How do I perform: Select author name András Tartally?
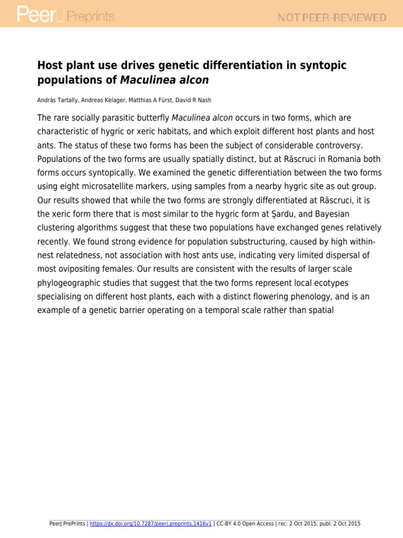pos(56,100)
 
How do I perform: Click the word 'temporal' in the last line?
pos(221,310)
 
